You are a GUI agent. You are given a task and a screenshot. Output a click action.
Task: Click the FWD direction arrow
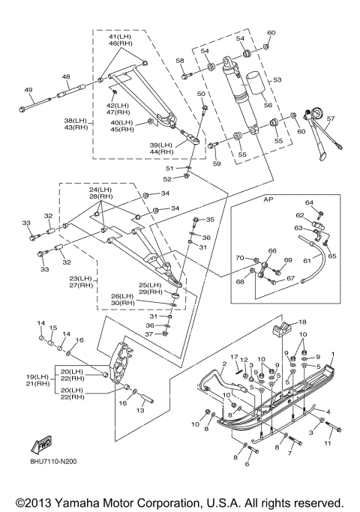click(41, 445)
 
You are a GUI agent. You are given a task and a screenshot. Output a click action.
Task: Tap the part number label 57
click(331, 118)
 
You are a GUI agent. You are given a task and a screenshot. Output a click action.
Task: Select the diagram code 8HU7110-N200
click(52, 462)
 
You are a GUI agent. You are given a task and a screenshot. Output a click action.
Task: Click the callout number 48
click(66, 76)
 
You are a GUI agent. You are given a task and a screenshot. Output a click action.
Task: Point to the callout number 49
click(28, 89)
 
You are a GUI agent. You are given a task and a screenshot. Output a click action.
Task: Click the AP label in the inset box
click(268, 199)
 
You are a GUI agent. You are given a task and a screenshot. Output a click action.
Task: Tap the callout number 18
click(302, 322)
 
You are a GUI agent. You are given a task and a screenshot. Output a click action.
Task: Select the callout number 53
click(277, 79)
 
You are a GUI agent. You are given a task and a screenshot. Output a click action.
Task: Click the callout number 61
click(307, 261)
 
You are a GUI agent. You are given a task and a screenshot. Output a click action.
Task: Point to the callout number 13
click(140, 410)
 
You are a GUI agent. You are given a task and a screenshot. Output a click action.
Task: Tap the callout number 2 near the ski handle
click(224, 364)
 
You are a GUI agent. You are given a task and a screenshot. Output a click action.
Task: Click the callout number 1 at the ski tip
click(333, 354)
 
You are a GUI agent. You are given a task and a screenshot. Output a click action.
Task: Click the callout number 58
click(180, 61)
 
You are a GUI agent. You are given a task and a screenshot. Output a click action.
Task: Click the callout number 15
click(53, 328)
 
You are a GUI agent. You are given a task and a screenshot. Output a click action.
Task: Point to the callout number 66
click(272, 251)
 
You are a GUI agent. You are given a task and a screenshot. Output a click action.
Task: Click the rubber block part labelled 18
click(281, 328)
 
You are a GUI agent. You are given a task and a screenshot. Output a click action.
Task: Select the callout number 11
click(327, 443)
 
